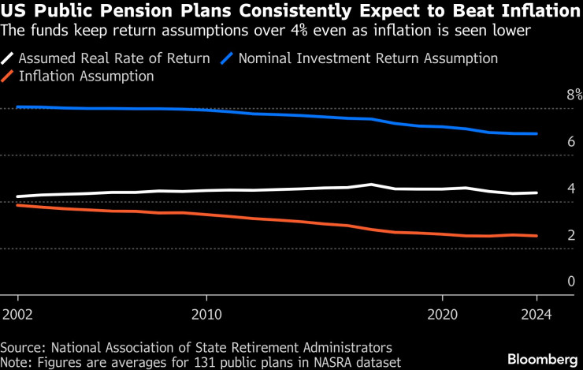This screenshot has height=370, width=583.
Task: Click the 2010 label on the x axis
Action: [x=206, y=312]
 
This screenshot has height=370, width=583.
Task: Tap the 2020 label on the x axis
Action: [x=442, y=312]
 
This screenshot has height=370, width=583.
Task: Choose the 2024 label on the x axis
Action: [x=537, y=312]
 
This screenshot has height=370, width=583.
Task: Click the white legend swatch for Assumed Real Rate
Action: [x=8, y=58]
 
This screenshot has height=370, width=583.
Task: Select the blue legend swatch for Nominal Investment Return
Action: [x=228, y=58]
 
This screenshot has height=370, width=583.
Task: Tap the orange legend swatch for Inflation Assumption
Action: [x=8, y=77]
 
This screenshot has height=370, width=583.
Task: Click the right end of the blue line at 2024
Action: [x=537, y=134]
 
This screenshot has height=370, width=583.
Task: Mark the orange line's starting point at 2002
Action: [x=17, y=205]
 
